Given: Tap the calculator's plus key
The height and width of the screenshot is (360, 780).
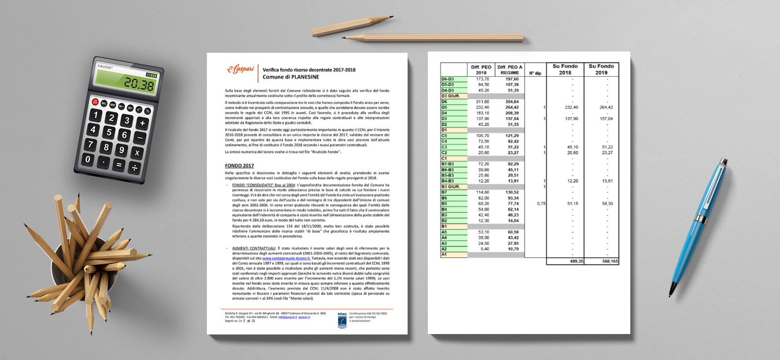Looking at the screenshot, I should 142,123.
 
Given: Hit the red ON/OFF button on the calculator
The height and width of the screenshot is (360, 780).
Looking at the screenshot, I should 95,102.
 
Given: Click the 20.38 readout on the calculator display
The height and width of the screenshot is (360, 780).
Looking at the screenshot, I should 138,84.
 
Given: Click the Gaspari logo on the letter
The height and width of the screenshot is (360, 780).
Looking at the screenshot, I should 240,70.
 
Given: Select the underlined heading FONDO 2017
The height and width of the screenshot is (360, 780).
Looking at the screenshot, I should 239,165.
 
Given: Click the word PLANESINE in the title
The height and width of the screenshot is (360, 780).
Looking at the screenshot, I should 305,77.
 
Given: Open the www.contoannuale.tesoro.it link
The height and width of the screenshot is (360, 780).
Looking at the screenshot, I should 286,258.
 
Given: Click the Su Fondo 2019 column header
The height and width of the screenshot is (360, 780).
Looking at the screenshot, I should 601,69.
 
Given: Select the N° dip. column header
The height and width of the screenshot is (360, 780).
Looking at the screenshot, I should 535,73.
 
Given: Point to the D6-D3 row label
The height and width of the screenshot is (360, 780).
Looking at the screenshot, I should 448,79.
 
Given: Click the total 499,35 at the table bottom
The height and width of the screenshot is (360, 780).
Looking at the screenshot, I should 576,261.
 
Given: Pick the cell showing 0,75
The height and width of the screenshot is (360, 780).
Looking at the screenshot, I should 541,203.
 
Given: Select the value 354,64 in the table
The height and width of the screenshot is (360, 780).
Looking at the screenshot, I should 512,102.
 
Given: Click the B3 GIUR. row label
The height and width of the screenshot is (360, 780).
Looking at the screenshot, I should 450,187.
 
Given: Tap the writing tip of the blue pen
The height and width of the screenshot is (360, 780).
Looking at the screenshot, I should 671,294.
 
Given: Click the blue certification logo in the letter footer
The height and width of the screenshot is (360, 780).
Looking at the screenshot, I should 342,320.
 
